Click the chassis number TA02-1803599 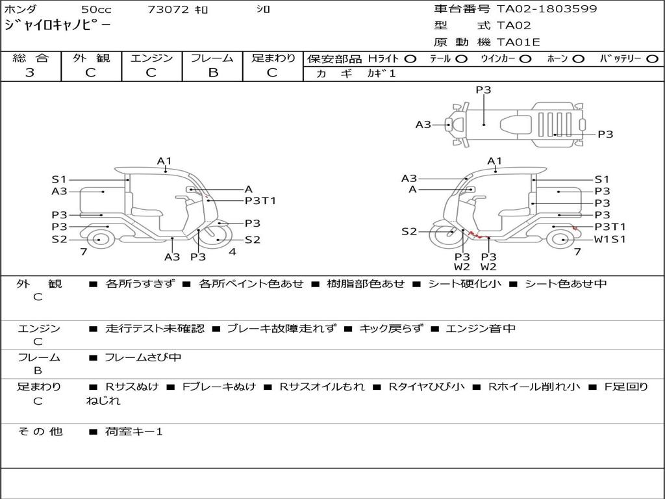[547, 9]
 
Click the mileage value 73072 [168, 9]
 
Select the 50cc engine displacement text [97, 9]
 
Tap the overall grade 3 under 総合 [30, 73]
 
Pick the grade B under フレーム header [213, 73]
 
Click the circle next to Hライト [410, 59]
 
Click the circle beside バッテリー [652, 59]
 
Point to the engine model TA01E [518, 42]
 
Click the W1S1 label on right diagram [610, 239]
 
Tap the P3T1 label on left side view [260, 201]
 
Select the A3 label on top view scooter [423, 125]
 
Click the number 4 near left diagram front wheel [232, 252]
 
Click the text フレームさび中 [143, 358]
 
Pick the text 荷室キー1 [134, 432]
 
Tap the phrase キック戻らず [391, 328]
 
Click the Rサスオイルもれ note [322, 387]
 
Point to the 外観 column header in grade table [91, 58]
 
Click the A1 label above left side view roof [164, 161]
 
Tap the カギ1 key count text [381, 74]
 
